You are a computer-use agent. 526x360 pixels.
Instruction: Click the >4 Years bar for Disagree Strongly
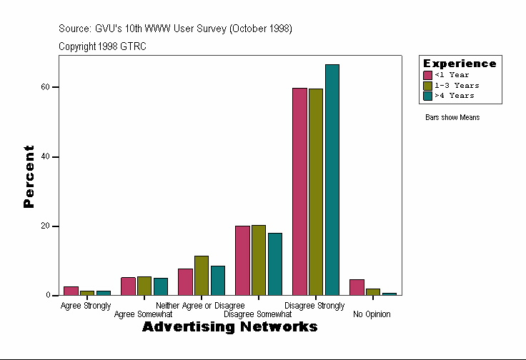click(332, 180)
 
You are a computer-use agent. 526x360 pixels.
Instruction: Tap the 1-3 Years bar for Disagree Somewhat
click(259, 260)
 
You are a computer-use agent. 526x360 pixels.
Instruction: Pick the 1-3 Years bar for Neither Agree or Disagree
click(202, 275)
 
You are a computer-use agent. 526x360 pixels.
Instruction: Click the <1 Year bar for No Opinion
click(357, 287)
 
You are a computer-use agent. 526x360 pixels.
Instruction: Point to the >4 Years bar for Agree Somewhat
click(161, 286)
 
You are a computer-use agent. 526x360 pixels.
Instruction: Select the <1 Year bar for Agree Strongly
click(71, 291)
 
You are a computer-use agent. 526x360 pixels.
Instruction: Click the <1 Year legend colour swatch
click(427, 75)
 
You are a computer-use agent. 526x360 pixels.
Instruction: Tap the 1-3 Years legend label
click(452, 85)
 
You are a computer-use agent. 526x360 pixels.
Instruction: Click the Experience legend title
click(460, 64)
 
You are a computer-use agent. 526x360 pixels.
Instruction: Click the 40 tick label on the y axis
click(46, 156)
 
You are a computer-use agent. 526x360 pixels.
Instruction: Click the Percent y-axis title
click(29, 176)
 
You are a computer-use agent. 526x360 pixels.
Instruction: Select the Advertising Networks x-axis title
click(229, 327)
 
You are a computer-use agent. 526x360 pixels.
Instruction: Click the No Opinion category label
click(372, 314)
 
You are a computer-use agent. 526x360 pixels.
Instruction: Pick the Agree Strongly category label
click(86, 306)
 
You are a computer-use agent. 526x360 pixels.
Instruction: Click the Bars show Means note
click(452, 117)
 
